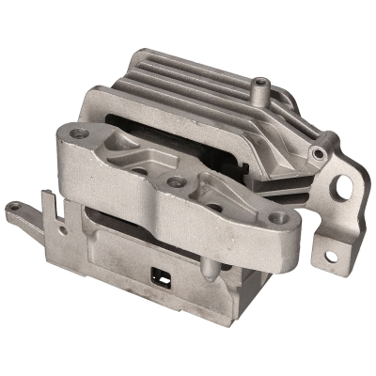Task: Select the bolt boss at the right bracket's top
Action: tap(321, 151)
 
